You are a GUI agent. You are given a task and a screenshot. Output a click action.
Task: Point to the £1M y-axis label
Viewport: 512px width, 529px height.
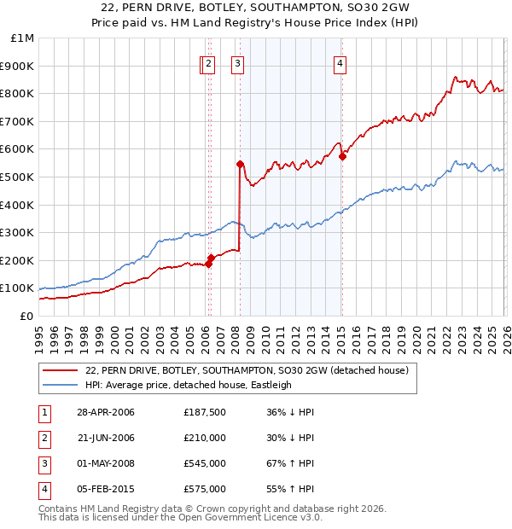click(x=23, y=38)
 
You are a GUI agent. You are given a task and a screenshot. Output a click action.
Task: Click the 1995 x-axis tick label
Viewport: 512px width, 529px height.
click(x=39, y=337)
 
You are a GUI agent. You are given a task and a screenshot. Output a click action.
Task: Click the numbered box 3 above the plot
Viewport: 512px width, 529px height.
click(x=237, y=62)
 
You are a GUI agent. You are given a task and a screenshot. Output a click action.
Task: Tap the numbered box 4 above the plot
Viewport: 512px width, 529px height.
click(x=340, y=62)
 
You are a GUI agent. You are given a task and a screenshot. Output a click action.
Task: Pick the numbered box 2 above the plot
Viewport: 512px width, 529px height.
click(x=210, y=62)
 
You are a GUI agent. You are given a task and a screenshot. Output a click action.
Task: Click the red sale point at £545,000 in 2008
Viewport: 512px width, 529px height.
click(x=240, y=164)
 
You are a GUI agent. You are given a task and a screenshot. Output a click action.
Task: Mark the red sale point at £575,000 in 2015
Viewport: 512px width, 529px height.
click(x=342, y=156)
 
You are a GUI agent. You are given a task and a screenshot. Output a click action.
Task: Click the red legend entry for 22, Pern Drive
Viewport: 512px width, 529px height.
click(x=247, y=370)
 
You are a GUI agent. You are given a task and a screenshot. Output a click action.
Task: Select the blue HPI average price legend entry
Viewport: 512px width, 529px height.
click(x=189, y=385)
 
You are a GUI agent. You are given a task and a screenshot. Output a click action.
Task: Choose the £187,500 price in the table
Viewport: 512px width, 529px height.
click(x=204, y=412)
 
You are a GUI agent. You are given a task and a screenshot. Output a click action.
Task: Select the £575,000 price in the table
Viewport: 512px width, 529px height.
click(x=204, y=489)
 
